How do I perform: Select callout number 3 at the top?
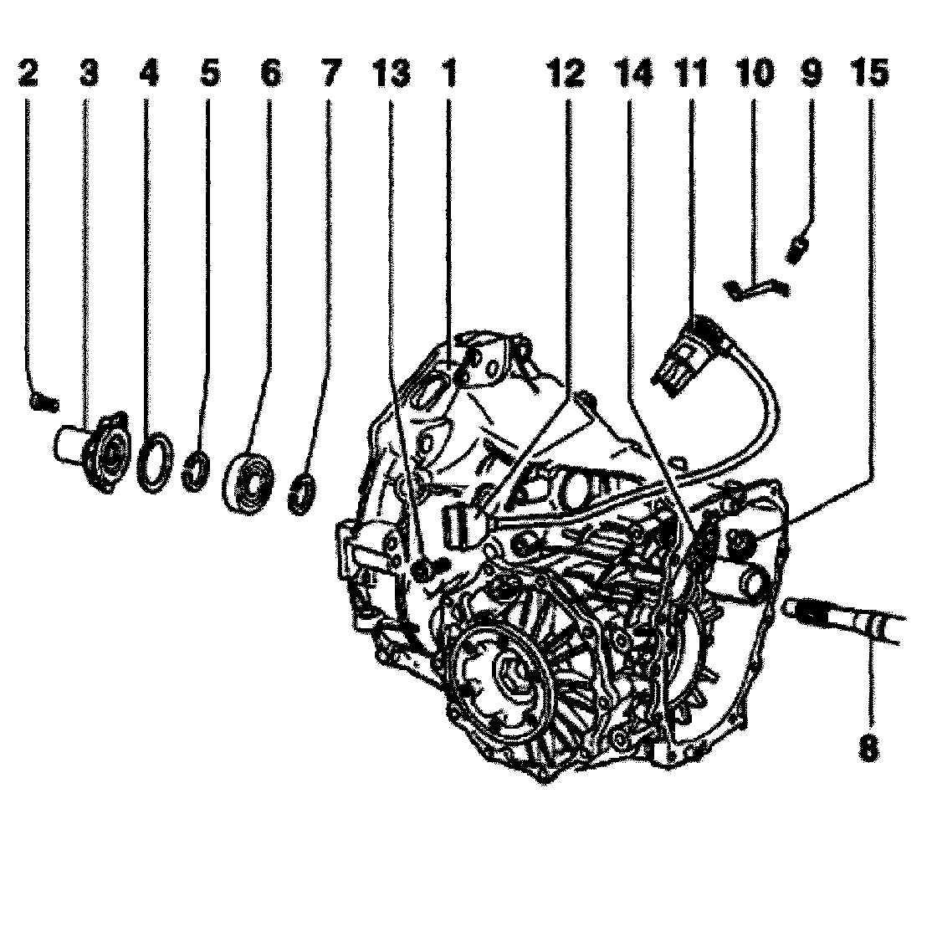[x=89, y=75]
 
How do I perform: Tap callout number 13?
[x=391, y=75]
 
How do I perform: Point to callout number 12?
[x=565, y=75]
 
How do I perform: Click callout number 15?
[x=868, y=75]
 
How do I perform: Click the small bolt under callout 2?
[x=44, y=402]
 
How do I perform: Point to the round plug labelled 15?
[x=740, y=544]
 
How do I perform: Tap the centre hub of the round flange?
[x=512, y=672]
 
